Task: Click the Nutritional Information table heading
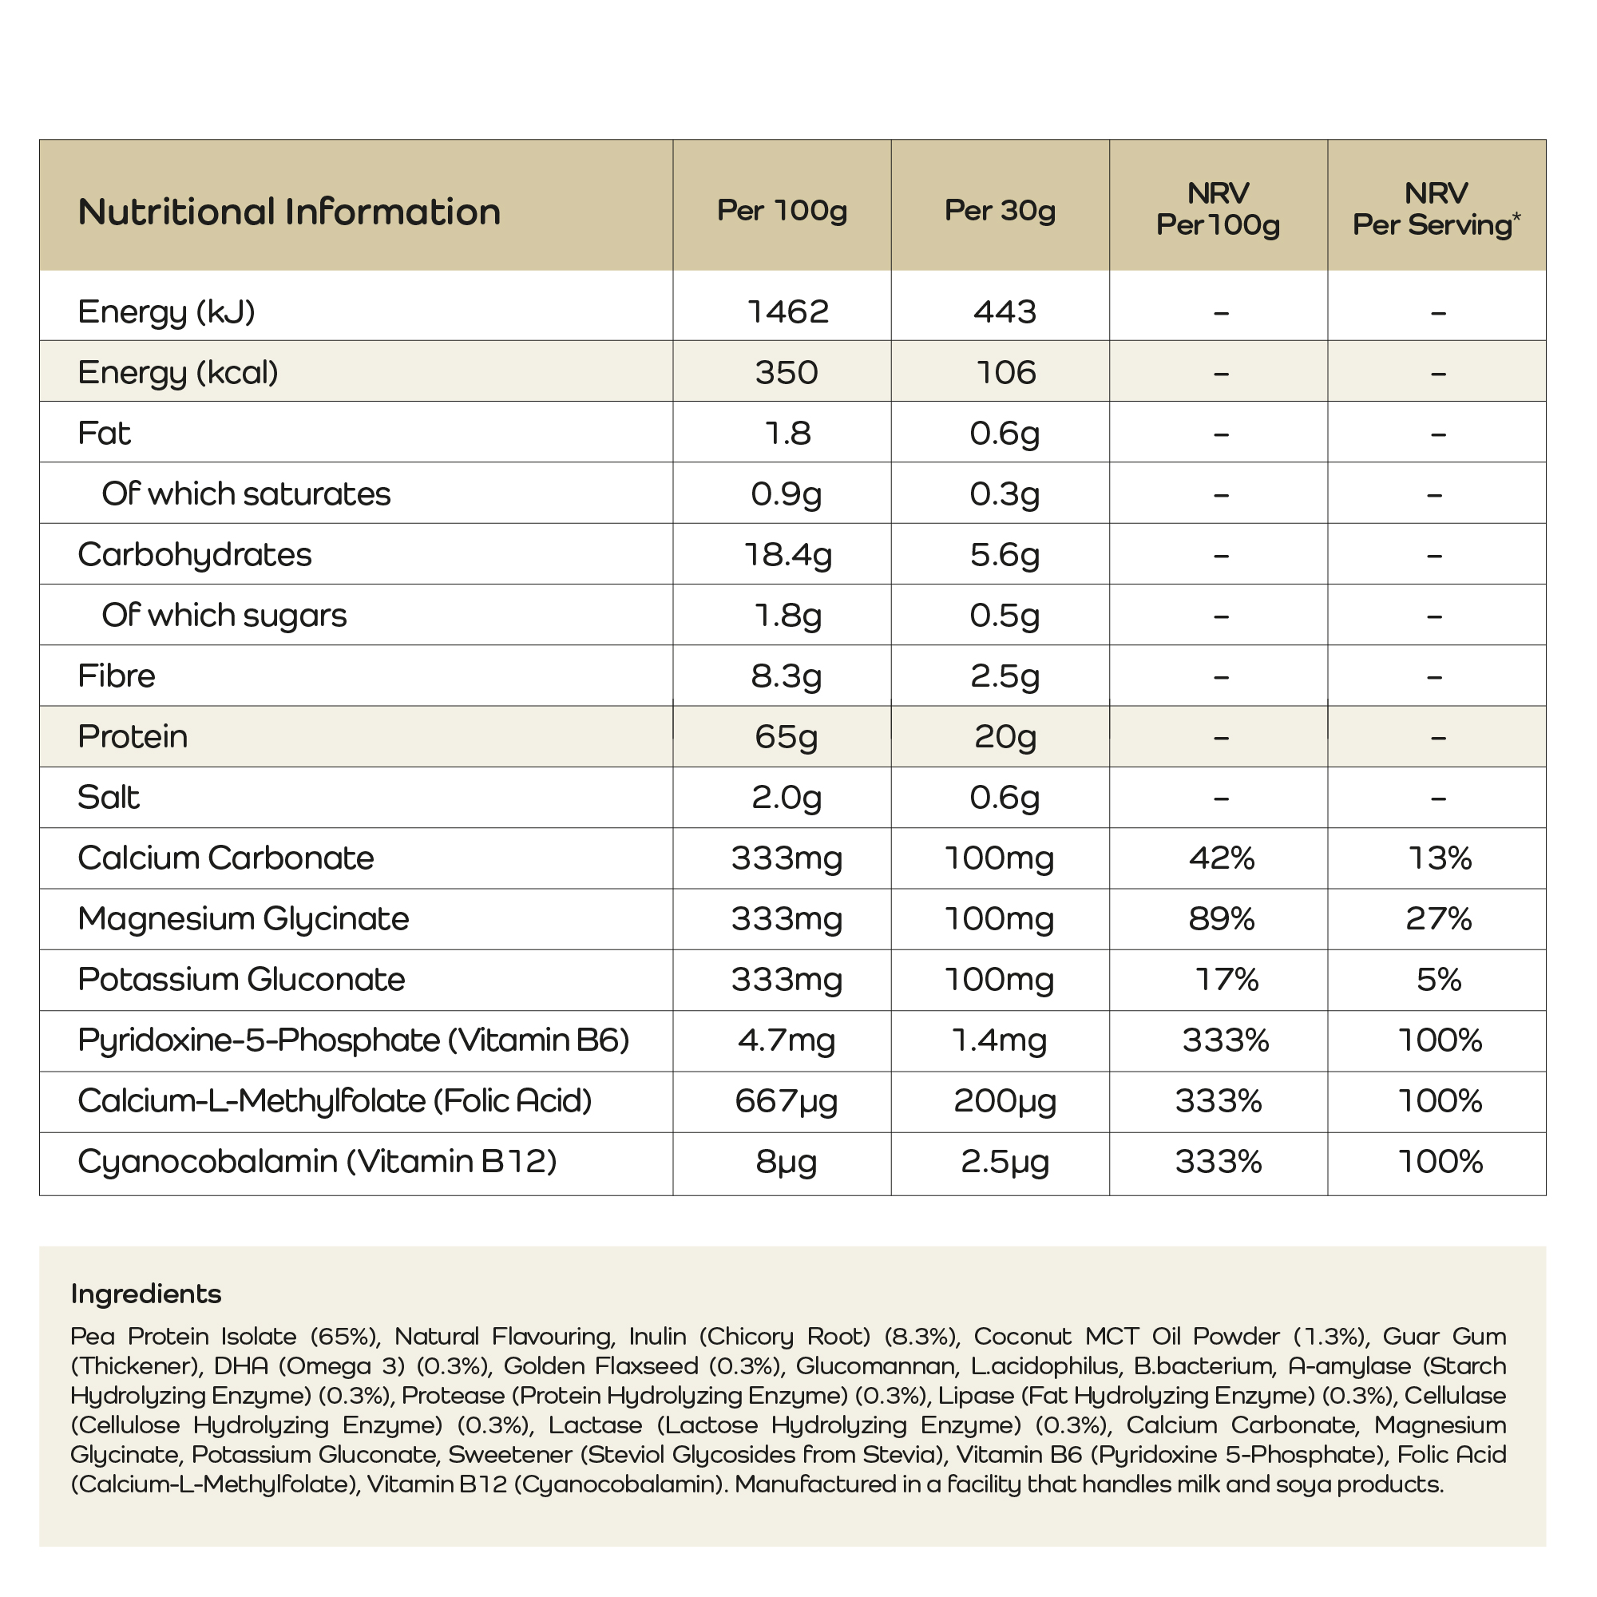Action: (x=288, y=212)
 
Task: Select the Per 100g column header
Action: (x=781, y=211)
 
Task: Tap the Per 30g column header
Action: (x=1000, y=211)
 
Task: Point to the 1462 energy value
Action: (x=787, y=311)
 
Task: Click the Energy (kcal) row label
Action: (x=178, y=373)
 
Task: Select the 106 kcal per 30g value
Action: (x=1005, y=373)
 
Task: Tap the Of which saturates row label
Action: (x=245, y=493)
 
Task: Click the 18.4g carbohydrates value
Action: (x=787, y=555)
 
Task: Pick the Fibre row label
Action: (x=117, y=676)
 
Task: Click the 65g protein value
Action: (x=785, y=736)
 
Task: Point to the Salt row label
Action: (x=109, y=798)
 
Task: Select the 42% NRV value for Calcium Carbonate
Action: (x=1221, y=858)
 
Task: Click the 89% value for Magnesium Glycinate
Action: (x=1221, y=919)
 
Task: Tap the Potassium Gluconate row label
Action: (x=241, y=980)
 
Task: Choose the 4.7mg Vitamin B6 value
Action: (x=785, y=1040)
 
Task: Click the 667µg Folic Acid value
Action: (x=785, y=1101)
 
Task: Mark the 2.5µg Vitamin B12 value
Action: (x=1005, y=1162)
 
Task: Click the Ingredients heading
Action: (x=146, y=1294)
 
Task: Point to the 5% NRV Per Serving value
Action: (x=1438, y=980)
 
